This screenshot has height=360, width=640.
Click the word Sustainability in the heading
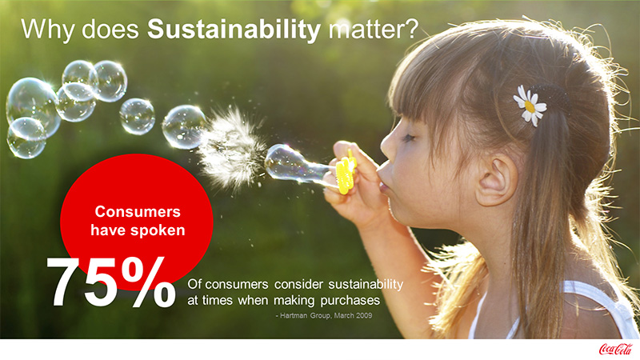(234, 30)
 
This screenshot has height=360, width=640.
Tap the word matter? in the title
(374, 30)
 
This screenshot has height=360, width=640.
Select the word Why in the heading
(48, 30)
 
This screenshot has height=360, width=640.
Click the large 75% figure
(111, 282)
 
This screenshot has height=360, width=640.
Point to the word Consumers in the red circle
(138, 211)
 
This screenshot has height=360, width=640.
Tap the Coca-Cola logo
(615, 349)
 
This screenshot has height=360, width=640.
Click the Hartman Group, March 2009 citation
(324, 315)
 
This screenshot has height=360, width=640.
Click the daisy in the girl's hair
(530, 106)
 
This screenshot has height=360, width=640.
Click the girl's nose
(388, 144)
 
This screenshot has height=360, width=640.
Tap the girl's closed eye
(408, 138)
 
